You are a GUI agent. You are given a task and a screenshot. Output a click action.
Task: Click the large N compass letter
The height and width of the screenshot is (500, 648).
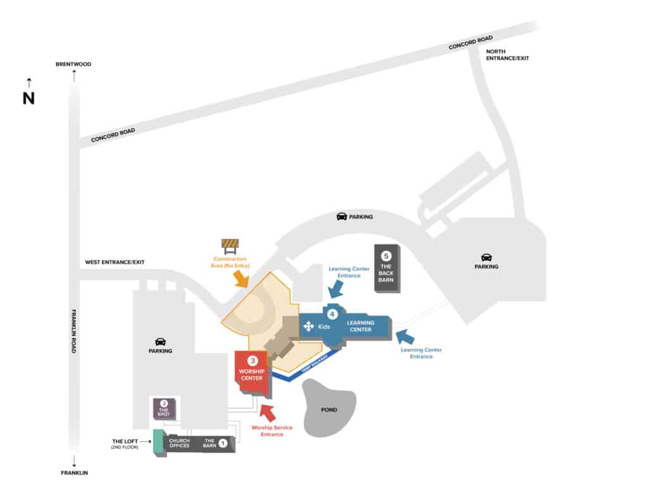pyautogui.click(x=28, y=99)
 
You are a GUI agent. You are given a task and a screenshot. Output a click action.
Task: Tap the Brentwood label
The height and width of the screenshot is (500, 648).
pyautogui.click(x=74, y=64)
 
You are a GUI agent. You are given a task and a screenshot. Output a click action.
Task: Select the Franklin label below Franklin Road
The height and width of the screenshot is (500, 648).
pyautogui.click(x=74, y=473)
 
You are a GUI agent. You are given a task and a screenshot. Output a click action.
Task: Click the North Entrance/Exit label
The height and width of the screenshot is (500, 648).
pyautogui.click(x=507, y=54)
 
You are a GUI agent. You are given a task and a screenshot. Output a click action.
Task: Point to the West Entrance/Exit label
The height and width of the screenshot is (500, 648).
pyautogui.click(x=115, y=262)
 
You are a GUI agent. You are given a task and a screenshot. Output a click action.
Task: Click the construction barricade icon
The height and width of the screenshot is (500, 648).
pyautogui.click(x=230, y=245)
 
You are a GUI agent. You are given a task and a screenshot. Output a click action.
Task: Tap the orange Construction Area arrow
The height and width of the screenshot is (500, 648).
pyautogui.click(x=241, y=279)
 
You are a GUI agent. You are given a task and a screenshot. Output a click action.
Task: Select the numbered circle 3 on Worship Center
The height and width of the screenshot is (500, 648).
pyautogui.click(x=251, y=360)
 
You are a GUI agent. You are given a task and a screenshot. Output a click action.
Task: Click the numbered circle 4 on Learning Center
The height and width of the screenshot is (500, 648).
pyautogui.click(x=332, y=314)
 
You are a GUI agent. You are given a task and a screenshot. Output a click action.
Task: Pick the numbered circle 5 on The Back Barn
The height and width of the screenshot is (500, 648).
pyautogui.click(x=387, y=256)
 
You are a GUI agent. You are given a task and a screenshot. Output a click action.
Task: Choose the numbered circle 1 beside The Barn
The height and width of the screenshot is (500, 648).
pyautogui.click(x=222, y=444)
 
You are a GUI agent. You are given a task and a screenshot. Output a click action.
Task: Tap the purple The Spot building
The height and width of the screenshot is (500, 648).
pyautogui.click(x=164, y=409)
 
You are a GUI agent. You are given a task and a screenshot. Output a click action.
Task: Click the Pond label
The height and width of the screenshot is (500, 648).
pyautogui.click(x=329, y=410)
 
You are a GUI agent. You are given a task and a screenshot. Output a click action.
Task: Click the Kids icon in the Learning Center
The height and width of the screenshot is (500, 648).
pyautogui.click(x=309, y=326)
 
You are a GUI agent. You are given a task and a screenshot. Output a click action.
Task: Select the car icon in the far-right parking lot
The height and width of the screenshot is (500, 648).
pyautogui.click(x=487, y=257)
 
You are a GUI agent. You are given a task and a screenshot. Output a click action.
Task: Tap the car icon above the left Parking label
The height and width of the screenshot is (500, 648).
pyautogui.click(x=161, y=341)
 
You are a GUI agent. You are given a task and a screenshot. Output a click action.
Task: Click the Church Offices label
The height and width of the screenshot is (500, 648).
pyautogui.click(x=179, y=443)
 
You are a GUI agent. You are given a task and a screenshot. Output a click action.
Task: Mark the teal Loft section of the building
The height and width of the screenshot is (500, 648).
pyautogui.click(x=158, y=442)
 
